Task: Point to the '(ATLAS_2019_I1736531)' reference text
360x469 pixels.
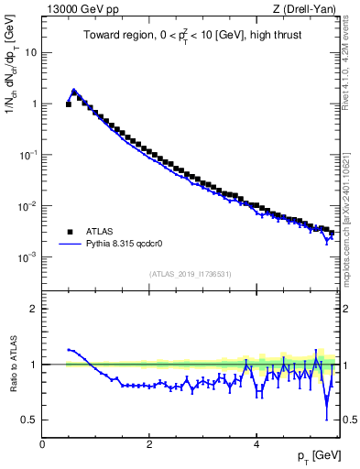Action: point(191,275)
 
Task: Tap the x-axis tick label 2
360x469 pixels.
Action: point(149,444)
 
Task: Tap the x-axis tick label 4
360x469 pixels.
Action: point(256,444)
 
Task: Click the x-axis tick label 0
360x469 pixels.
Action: point(43,444)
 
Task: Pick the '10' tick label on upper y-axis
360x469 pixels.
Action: point(30,52)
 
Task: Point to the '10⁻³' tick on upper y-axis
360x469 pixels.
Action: point(27,257)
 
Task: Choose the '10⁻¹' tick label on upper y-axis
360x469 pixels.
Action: point(27,155)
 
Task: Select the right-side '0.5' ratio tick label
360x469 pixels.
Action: point(348,420)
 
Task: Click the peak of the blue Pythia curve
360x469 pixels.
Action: point(74,90)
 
